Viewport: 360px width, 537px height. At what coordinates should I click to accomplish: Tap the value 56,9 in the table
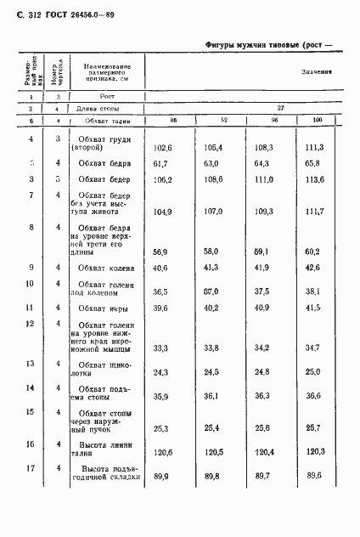click(x=158, y=252)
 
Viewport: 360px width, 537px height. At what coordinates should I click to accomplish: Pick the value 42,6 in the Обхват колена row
click(x=314, y=268)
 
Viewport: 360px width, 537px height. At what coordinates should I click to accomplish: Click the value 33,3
click(x=158, y=348)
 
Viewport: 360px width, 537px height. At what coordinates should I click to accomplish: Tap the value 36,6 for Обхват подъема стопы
click(x=314, y=396)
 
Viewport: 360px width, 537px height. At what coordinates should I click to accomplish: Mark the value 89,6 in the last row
click(x=314, y=476)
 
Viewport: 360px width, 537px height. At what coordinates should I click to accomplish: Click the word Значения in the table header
click(x=315, y=74)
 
